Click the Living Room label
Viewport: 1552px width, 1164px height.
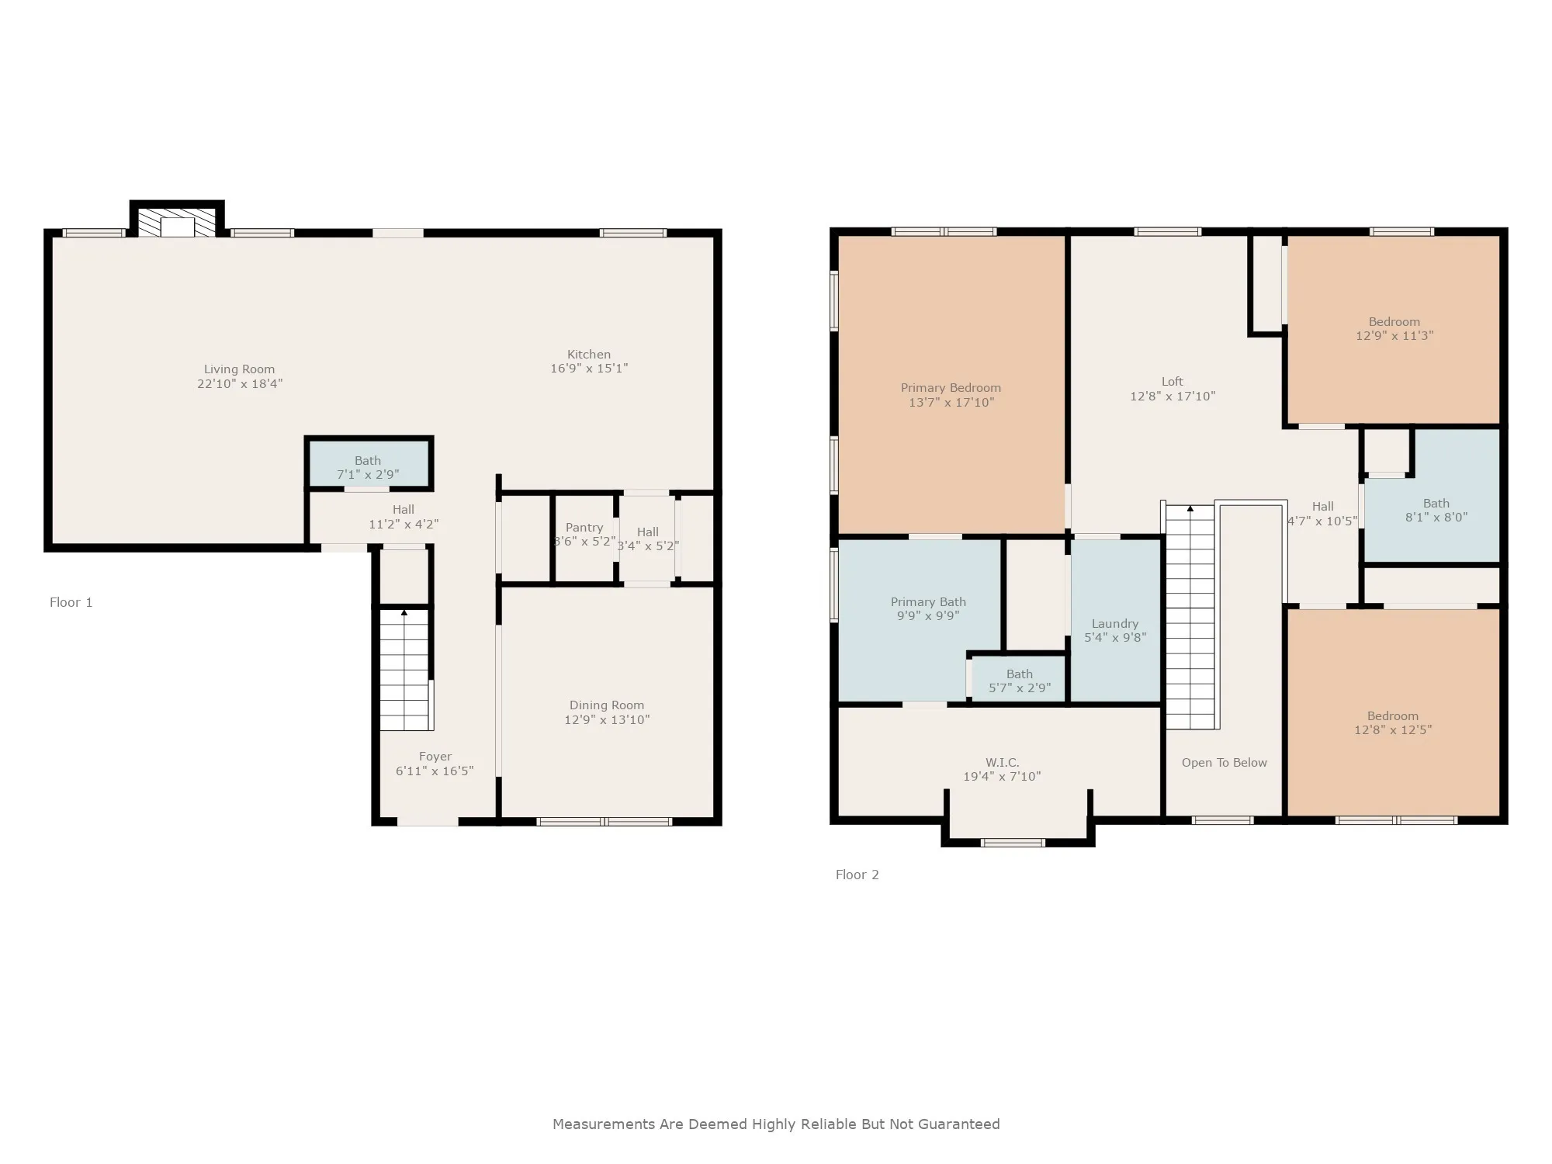[x=239, y=369]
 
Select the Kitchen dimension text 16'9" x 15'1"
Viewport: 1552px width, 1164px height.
[x=589, y=369]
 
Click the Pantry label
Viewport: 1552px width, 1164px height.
[x=584, y=528]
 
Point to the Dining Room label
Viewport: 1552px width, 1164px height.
[x=607, y=705]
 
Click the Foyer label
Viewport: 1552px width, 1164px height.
[x=435, y=757]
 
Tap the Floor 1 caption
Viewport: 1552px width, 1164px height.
[x=71, y=602]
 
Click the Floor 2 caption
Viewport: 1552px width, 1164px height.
[x=857, y=875]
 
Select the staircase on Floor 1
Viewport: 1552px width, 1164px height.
[x=404, y=670]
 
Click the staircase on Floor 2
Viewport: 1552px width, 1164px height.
[x=1190, y=617]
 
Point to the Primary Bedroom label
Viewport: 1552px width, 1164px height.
[x=951, y=388]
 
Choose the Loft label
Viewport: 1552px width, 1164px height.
[x=1173, y=382]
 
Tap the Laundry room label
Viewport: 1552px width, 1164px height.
[x=1115, y=624]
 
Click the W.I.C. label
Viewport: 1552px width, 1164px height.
[x=1003, y=763]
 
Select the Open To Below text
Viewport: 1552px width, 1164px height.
[x=1225, y=763]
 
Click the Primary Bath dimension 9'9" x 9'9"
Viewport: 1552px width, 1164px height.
[x=928, y=616]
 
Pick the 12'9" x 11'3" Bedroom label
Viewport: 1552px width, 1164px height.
[x=1394, y=329]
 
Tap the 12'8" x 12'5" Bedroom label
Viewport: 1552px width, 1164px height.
[x=1393, y=723]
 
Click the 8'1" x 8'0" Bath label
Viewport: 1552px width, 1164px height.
[x=1436, y=511]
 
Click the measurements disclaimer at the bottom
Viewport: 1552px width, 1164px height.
[x=776, y=1124]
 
